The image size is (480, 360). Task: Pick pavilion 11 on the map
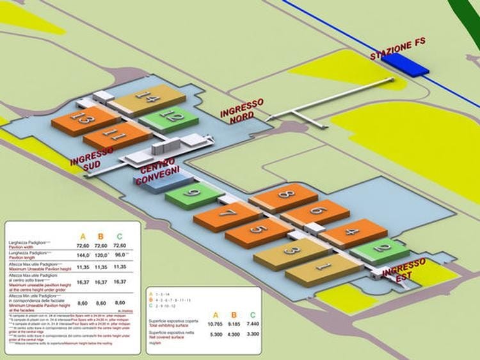(115, 136)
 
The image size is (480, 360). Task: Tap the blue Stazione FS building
(404, 64)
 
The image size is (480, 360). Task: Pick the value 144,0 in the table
(82, 254)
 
